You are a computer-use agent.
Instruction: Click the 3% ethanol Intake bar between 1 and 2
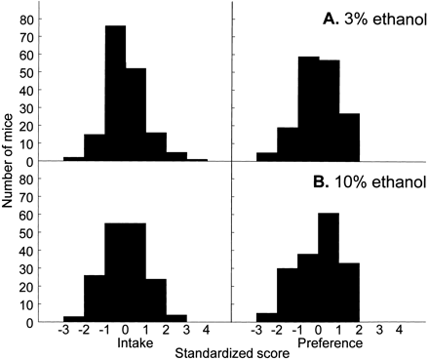click(x=157, y=140)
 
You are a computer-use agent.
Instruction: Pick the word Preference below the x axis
click(x=306, y=343)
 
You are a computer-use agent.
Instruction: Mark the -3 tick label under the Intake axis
click(x=62, y=332)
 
